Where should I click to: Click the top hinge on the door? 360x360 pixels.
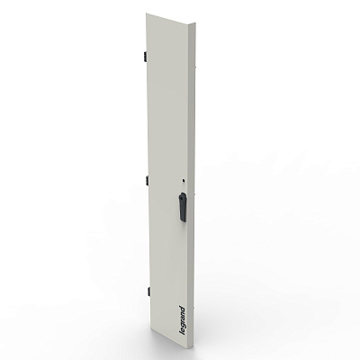click(145, 56)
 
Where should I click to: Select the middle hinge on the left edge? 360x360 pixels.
click(147, 179)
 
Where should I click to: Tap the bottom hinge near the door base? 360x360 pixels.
click(148, 291)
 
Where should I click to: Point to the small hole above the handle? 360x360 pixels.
click(184, 181)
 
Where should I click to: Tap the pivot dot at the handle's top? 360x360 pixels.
click(182, 197)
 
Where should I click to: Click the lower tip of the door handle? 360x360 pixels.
click(184, 221)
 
